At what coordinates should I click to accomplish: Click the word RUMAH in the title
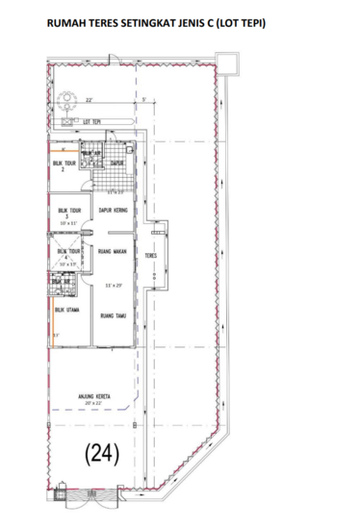56,21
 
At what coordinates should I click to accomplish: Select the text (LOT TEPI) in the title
244,21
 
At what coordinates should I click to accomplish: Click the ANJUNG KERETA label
96,395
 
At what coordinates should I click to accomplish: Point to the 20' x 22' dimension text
96,403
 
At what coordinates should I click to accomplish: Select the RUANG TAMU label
115,314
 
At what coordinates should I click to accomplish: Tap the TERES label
151,257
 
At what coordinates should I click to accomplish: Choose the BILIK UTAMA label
65,311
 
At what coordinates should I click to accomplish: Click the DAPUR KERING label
115,210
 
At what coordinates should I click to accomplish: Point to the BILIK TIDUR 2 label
64,166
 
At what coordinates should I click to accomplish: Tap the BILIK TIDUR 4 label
68,252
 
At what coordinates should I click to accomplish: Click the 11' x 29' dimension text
115,286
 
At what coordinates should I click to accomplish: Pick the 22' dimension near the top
89,99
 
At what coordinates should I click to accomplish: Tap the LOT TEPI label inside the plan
93,121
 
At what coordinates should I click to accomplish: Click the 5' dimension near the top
141,99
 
